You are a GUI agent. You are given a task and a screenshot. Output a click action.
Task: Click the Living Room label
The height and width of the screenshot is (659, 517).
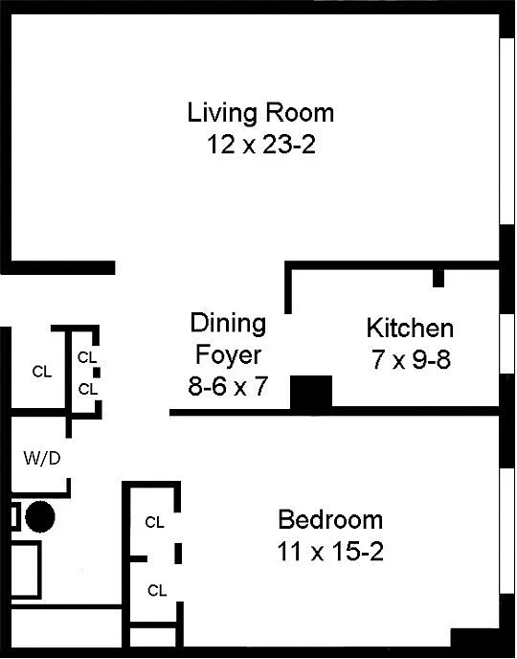tap(260, 113)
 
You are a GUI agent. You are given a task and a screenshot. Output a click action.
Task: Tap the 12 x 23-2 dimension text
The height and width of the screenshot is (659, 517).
tap(260, 145)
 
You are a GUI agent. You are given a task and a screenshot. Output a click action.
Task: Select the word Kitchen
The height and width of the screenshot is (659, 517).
tap(410, 328)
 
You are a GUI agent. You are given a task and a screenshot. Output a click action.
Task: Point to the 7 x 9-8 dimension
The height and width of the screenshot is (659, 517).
tap(411, 360)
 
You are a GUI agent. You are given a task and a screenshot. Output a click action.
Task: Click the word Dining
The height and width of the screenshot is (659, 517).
tap(228, 324)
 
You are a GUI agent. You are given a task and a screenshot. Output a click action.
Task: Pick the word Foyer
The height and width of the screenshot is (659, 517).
tap(228, 355)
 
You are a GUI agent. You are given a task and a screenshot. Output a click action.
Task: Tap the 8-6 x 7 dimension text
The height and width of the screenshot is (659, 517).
tap(228, 386)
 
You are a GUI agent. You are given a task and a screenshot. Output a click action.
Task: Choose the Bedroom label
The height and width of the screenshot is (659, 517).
tap(330, 519)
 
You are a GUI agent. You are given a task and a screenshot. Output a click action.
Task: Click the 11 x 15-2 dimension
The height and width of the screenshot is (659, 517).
tap(330, 552)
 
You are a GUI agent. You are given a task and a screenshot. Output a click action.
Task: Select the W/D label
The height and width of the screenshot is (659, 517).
tap(42, 458)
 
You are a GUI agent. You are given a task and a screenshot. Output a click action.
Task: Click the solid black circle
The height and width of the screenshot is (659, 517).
tap(40, 517)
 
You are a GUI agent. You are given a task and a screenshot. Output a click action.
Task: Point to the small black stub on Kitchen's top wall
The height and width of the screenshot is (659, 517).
tap(438, 278)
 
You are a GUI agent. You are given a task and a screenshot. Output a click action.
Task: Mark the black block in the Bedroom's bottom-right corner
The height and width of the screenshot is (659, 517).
tap(476, 638)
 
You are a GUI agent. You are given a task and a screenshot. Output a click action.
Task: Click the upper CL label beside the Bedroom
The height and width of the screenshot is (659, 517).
tap(154, 522)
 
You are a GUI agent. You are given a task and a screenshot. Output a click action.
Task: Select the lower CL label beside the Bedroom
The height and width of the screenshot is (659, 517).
tap(157, 590)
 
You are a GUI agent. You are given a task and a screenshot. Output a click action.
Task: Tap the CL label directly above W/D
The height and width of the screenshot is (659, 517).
tap(42, 372)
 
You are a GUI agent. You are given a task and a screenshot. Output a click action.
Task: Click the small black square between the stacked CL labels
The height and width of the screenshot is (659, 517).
tap(97, 373)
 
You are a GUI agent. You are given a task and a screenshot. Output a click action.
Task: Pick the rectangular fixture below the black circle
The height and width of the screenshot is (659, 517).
tap(26, 570)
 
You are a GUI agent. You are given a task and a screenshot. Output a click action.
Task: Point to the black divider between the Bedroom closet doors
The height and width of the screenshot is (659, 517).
tap(178, 553)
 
